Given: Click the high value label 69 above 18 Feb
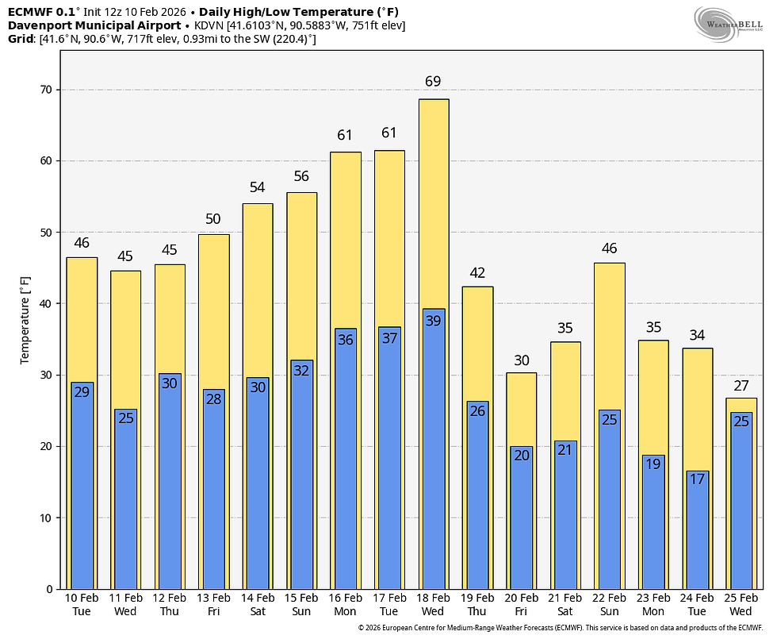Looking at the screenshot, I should coord(433,82).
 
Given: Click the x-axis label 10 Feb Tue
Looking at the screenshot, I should coord(82,604).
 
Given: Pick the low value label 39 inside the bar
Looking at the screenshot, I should coord(433,320).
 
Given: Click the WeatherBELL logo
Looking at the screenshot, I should coord(729,25).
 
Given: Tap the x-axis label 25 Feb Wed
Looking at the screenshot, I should coord(741,604).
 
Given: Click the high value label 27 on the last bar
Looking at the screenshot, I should coord(741,386).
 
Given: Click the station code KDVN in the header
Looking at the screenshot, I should coord(209,25).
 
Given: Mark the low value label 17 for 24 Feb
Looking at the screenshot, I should coord(698,479).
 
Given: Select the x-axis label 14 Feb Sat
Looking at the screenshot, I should coord(258,604).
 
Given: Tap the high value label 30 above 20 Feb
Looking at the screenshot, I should coord(521,360).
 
